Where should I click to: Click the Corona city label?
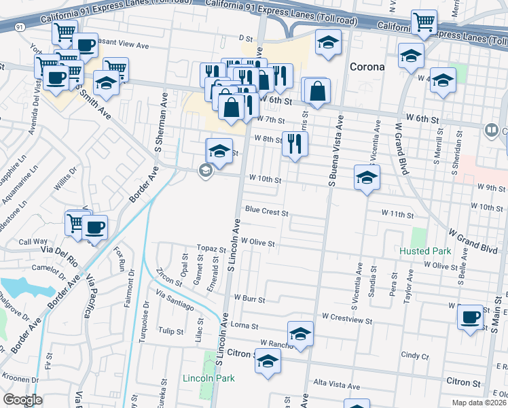(x=367, y=67)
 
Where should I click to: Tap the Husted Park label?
(x=425, y=251)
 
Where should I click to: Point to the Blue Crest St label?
(x=267, y=212)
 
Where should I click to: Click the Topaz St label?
(x=211, y=250)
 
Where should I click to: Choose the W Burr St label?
(x=249, y=298)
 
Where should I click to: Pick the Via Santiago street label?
(x=175, y=301)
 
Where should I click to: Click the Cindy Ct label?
(x=411, y=355)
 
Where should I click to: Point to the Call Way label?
(x=33, y=241)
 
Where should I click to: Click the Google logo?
(x=23, y=400)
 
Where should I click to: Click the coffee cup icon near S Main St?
(x=471, y=318)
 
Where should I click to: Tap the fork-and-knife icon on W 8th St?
(x=294, y=143)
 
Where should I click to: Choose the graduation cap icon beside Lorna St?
(x=300, y=335)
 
